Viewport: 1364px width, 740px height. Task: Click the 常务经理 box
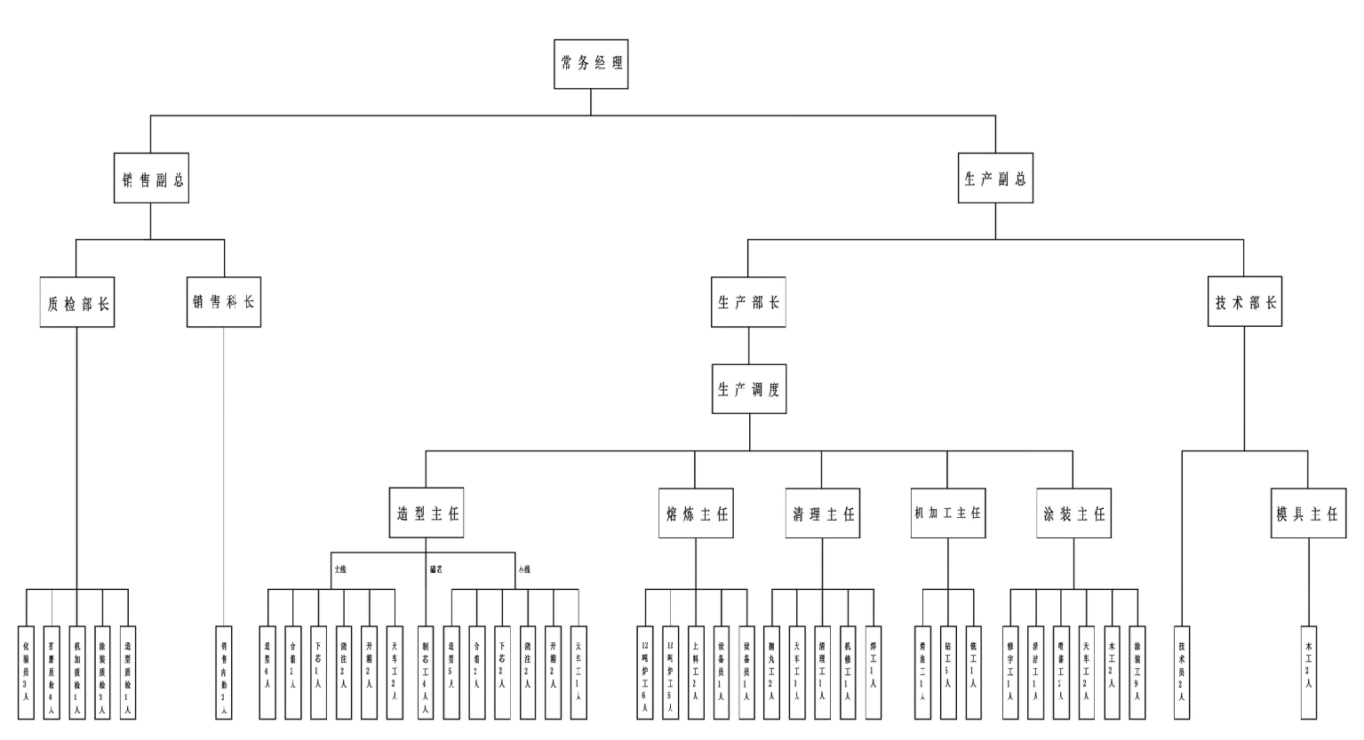click(x=591, y=64)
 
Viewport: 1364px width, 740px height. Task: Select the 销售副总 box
click(x=151, y=178)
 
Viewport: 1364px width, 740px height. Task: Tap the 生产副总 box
click(x=995, y=178)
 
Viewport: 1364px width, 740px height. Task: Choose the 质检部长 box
click(x=77, y=302)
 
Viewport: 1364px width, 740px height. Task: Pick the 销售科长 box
click(x=224, y=302)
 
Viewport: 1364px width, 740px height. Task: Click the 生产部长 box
click(x=748, y=302)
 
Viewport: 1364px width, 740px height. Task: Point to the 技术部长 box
click(x=1245, y=302)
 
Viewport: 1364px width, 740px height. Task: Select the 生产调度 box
click(x=748, y=388)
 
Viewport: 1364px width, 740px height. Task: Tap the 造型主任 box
click(x=427, y=513)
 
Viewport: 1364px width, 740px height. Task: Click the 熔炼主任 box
click(x=697, y=513)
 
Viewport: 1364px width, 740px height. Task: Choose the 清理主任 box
click(x=823, y=513)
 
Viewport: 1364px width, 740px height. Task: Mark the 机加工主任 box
click(x=947, y=513)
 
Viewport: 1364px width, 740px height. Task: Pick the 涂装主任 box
click(x=1073, y=513)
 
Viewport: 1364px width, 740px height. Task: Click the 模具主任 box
click(x=1307, y=513)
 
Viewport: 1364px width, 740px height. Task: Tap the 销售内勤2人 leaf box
click(x=224, y=671)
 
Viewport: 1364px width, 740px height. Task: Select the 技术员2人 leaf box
click(x=1181, y=671)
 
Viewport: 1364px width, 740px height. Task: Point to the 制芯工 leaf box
click(x=426, y=671)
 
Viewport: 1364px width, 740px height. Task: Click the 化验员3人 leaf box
click(x=26, y=671)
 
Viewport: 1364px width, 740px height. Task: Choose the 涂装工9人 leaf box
click(x=1137, y=671)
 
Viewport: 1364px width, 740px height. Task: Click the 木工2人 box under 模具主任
click(x=1308, y=671)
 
